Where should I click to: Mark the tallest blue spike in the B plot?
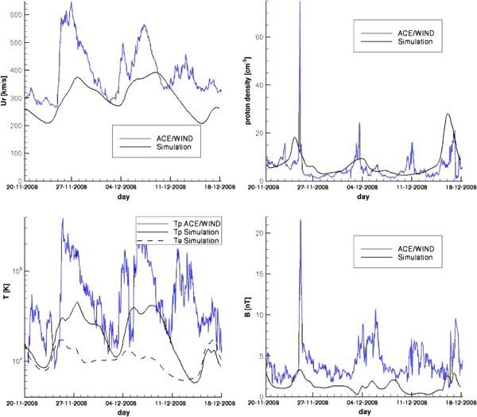click(x=300, y=220)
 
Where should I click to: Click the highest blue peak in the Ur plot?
click(x=72, y=3)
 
